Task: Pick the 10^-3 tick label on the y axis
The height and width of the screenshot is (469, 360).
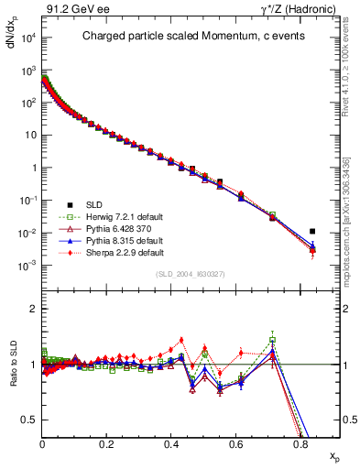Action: click(27, 266)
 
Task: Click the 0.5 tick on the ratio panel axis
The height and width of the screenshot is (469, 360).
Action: click(30, 420)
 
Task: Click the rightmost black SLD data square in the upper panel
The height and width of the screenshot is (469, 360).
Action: click(312, 232)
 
